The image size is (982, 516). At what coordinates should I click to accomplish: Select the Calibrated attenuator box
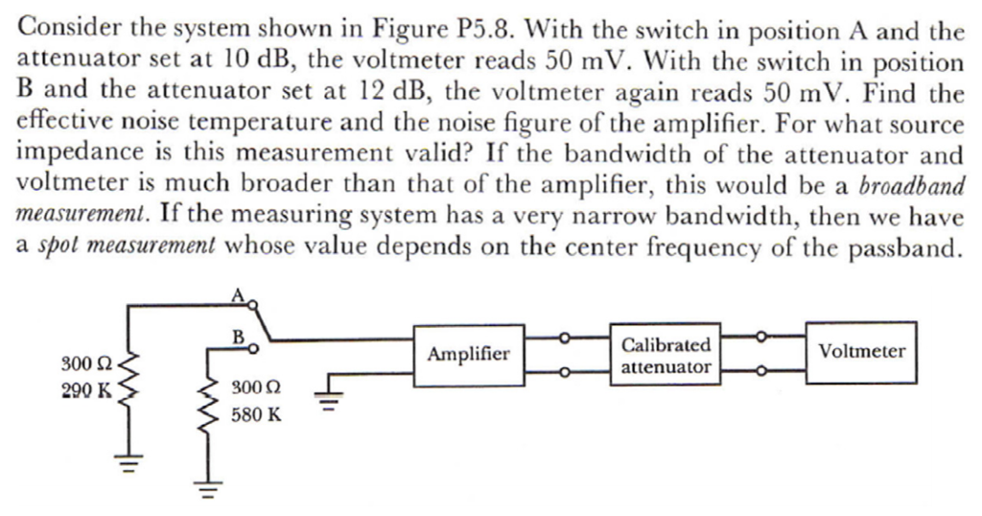click(x=666, y=354)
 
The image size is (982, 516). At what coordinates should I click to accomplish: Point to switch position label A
click(x=234, y=297)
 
